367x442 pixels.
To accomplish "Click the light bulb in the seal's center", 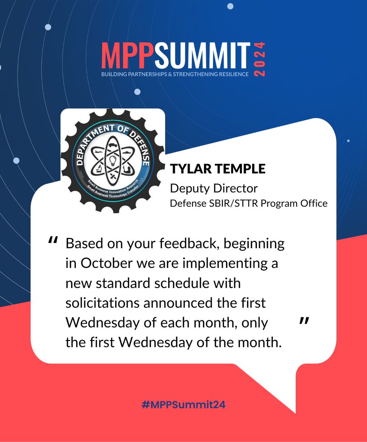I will [113, 161].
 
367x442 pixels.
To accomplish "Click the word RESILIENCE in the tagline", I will [232, 74].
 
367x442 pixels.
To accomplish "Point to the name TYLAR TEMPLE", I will [218, 169].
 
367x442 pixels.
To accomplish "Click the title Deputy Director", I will [214, 188].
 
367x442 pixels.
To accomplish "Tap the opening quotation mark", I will [53, 241].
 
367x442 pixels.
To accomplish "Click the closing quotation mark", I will [303, 322].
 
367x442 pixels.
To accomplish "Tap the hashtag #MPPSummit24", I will [183, 404].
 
